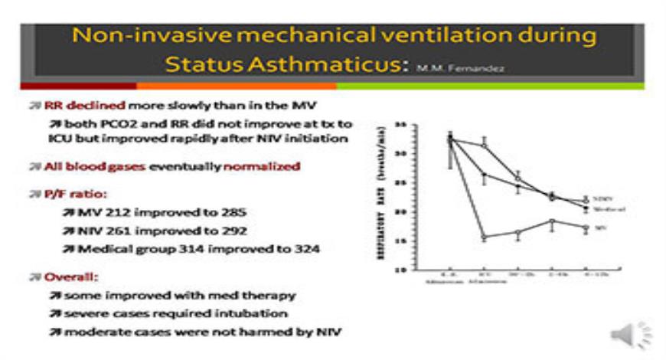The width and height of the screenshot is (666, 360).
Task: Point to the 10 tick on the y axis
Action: point(401,270)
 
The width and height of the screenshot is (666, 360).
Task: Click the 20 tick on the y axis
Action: point(401,211)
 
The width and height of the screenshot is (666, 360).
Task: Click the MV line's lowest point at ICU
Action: point(484,237)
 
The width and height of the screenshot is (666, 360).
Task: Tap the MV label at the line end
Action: point(599,227)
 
